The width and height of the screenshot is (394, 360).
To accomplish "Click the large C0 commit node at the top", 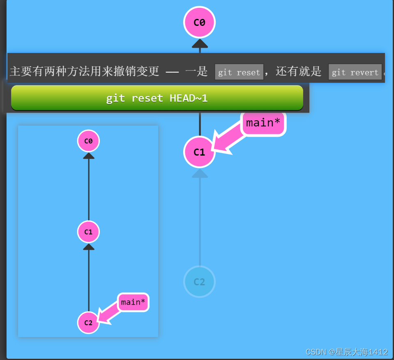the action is [x=199, y=23].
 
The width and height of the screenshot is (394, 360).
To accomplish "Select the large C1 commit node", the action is [x=199, y=152].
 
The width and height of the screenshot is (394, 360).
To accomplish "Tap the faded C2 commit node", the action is [x=199, y=282].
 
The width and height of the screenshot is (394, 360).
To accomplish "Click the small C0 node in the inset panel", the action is [x=88, y=141].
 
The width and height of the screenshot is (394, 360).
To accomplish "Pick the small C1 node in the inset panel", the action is [x=88, y=232].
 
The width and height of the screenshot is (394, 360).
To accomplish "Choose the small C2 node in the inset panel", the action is [x=88, y=323].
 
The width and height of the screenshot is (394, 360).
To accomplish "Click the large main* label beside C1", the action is [x=263, y=123].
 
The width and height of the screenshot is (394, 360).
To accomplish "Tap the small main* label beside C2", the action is [x=133, y=303].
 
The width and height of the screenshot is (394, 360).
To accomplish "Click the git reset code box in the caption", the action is [x=239, y=72].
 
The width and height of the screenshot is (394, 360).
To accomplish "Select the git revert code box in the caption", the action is [x=355, y=72].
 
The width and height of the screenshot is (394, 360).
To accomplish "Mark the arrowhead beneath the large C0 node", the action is [x=200, y=44].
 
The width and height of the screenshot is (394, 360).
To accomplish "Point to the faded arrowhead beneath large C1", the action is [x=200, y=174].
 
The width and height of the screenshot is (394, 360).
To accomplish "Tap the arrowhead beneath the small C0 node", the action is [x=89, y=156].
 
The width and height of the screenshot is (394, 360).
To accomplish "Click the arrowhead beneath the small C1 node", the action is [x=89, y=246].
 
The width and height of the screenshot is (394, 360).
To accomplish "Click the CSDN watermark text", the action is [x=347, y=352].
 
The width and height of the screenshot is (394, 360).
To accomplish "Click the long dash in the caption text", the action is [x=172, y=72].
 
